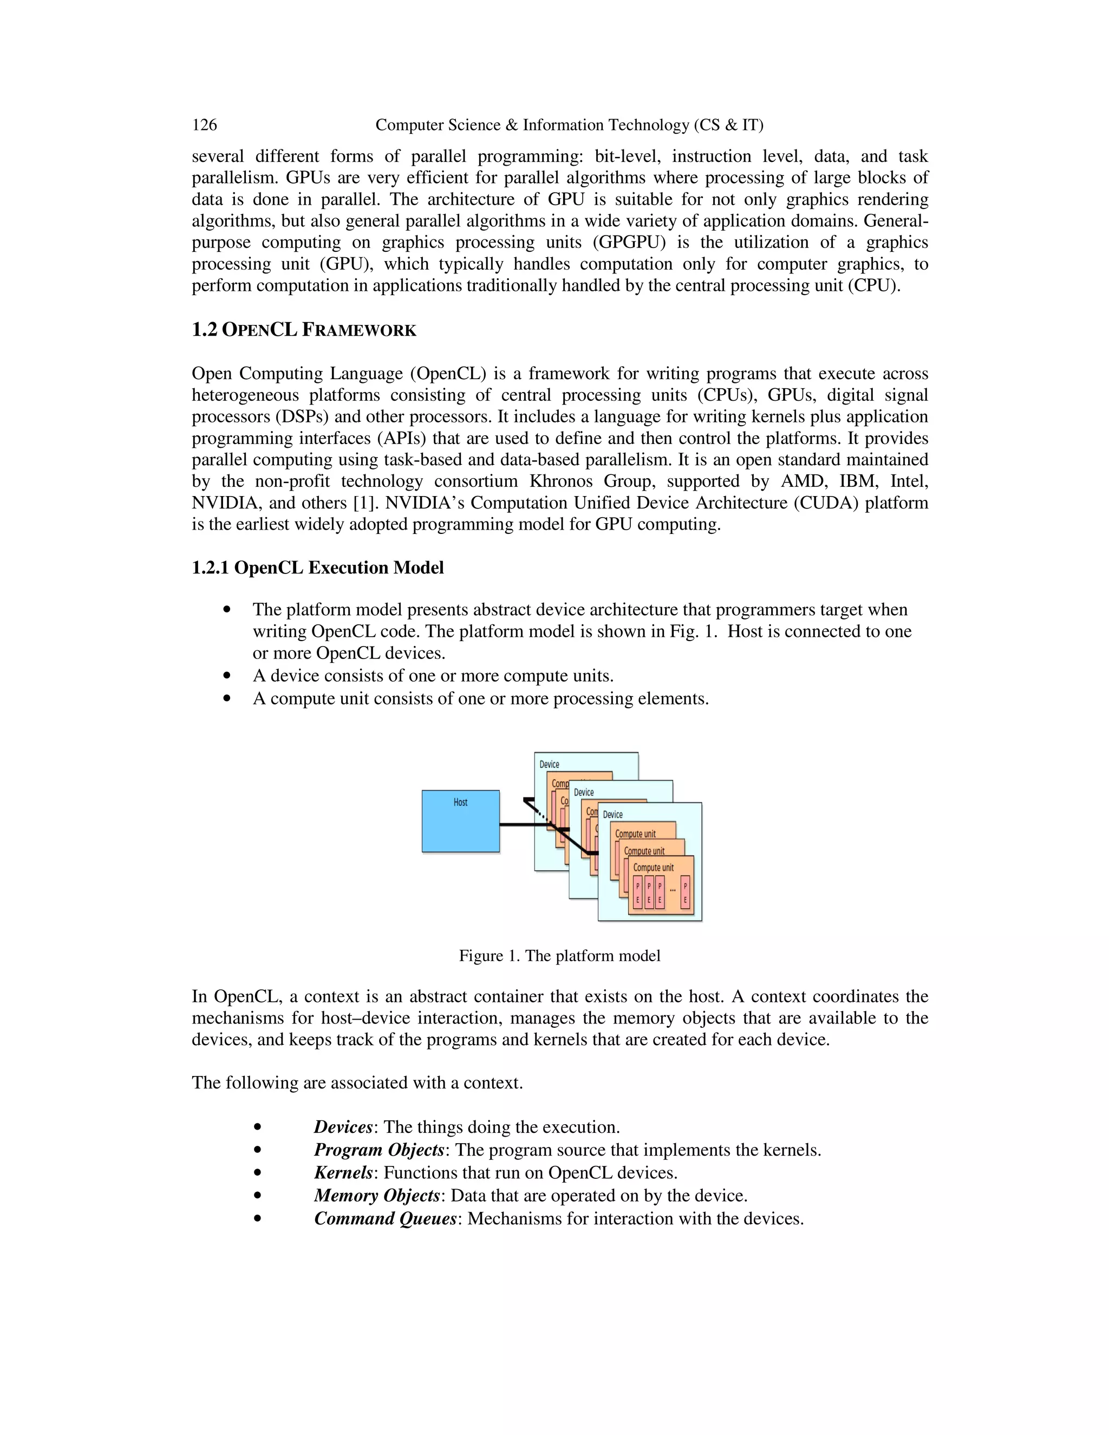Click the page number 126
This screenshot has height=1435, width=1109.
(204, 125)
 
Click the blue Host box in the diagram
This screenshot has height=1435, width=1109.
(461, 821)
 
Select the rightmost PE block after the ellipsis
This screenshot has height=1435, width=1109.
(685, 892)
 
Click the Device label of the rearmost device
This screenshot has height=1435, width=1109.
(549, 764)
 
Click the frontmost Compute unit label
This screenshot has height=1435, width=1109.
(653, 867)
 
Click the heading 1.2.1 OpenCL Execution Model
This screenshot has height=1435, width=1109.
(317, 568)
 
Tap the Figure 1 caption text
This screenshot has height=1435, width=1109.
(559, 955)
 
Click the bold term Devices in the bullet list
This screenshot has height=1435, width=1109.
(343, 1127)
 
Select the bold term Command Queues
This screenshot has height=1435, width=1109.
(385, 1218)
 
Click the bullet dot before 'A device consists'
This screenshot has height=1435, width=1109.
(227, 675)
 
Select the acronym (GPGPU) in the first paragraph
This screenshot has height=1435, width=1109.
(629, 243)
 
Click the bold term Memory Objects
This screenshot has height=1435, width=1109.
(376, 1195)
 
